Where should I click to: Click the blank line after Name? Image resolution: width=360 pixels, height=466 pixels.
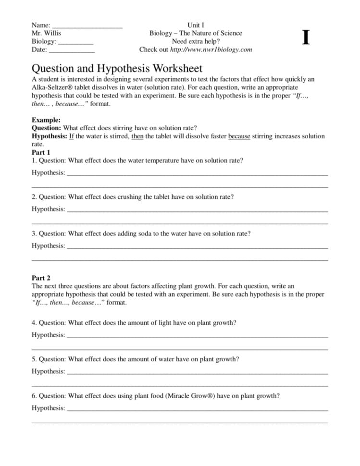pos(87,25)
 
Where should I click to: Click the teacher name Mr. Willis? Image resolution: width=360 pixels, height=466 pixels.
pos(46,34)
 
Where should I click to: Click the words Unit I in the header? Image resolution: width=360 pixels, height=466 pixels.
pos(196,25)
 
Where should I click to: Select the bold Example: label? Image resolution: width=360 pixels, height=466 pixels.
pos(46,120)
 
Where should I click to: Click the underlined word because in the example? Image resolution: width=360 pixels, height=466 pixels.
pos(239,136)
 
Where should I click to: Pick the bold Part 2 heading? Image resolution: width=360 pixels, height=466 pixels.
pos(41,278)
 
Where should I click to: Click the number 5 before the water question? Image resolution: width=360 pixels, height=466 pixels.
pos(34,359)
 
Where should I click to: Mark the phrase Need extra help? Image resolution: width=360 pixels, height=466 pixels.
pos(196,41)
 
